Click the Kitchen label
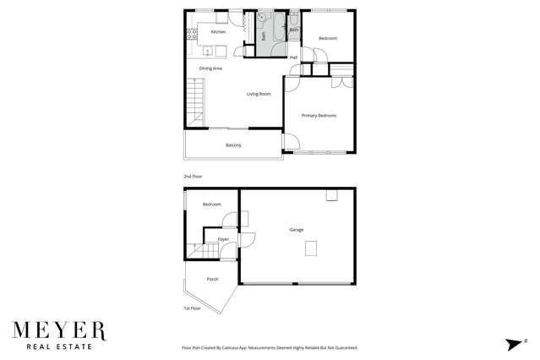pyautogui.click(x=218, y=32)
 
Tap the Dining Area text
pyautogui.click(x=210, y=68)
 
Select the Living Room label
pyautogui.click(x=259, y=94)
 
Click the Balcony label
pyautogui.click(x=233, y=145)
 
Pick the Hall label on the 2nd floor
pyautogui.click(x=294, y=57)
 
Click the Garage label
pyautogui.click(x=296, y=229)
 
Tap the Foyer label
pyautogui.click(x=223, y=239)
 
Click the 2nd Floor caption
pyautogui.click(x=193, y=176)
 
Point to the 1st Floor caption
pyautogui.click(x=193, y=308)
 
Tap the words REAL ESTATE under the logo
pyautogui.click(x=58, y=346)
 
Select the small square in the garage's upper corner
pyautogui.click(x=332, y=196)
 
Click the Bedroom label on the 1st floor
pyautogui.click(x=211, y=204)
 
